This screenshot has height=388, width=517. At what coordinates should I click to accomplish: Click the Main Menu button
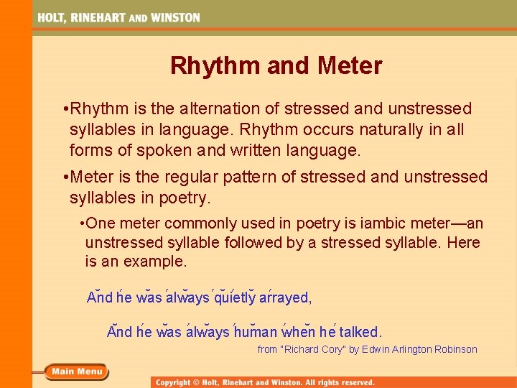pyautogui.click(x=76, y=371)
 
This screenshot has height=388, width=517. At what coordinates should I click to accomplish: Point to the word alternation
pyautogui.click(x=239, y=109)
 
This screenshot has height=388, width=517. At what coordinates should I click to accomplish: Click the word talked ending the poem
pyautogui.click(x=360, y=332)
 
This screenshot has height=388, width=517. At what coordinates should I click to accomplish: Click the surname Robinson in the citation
pyautogui.click(x=454, y=349)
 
